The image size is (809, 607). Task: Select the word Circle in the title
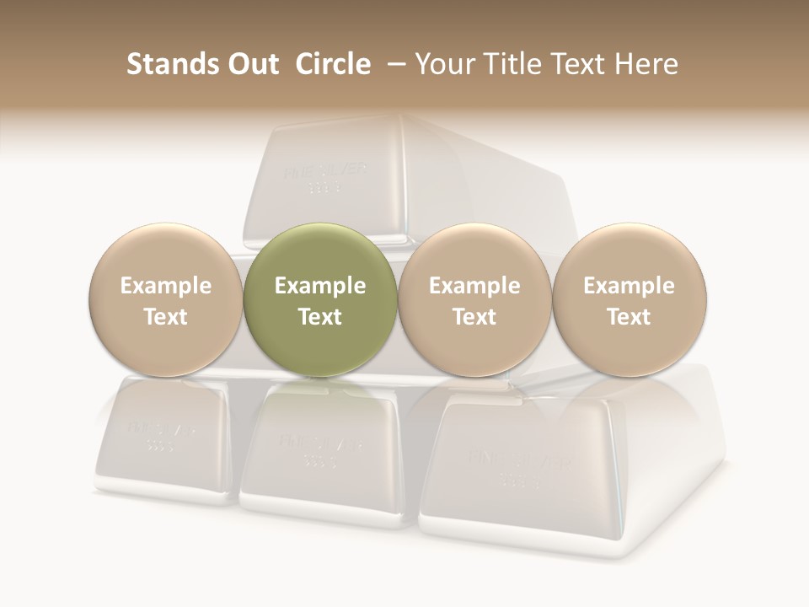pos(333,64)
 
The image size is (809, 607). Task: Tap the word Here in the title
pos(646,64)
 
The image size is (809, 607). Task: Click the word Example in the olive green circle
pos(320,286)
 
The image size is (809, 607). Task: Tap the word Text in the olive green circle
pos(320,317)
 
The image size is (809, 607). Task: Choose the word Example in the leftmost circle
pos(166,286)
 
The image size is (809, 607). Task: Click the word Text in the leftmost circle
pos(166,317)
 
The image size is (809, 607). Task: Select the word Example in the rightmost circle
pos(630,286)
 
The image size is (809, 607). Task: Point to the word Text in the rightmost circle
pos(630,317)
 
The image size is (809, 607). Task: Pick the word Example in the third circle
pos(474,286)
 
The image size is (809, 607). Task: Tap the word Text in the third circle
pos(474,317)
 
